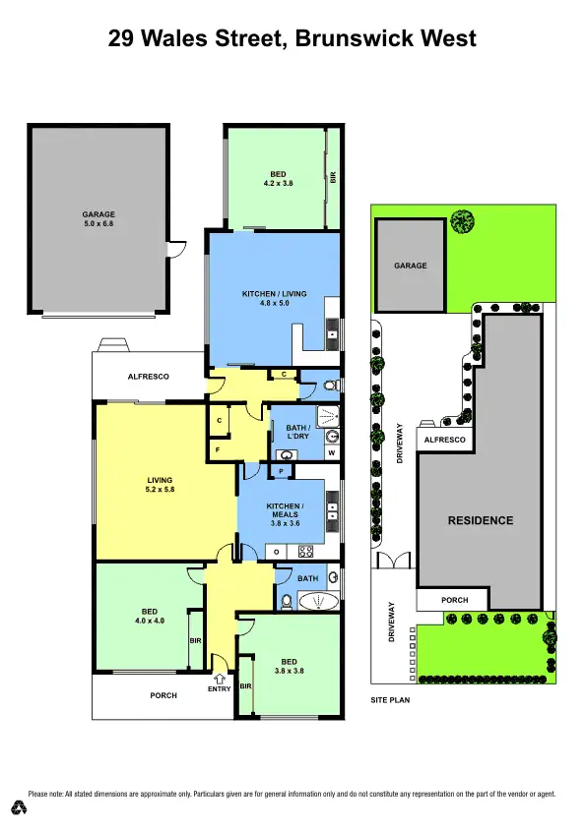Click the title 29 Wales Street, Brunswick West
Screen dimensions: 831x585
pyautogui.click(x=292, y=39)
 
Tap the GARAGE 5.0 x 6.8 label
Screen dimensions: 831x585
pyautogui.click(x=98, y=219)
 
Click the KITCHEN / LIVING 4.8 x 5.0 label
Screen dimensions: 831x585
pyautogui.click(x=274, y=298)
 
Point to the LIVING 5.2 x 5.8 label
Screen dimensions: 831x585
pyautogui.click(x=160, y=485)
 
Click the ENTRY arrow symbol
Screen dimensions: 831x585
pyautogui.click(x=220, y=677)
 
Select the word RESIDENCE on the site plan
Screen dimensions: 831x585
pyautogui.click(x=481, y=520)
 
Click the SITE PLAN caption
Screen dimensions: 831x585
pyautogui.click(x=389, y=701)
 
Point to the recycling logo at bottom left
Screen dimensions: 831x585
pyautogui.click(x=18, y=807)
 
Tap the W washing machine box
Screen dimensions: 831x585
pyautogui.click(x=333, y=454)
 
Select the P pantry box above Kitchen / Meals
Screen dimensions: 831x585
pyautogui.click(x=282, y=472)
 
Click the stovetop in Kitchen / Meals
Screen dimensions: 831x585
pyautogui.click(x=305, y=552)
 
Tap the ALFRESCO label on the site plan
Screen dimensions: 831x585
pyautogui.click(x=444, y=442)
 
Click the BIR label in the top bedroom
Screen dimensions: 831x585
pyautogui.click(x=333, y=178)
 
